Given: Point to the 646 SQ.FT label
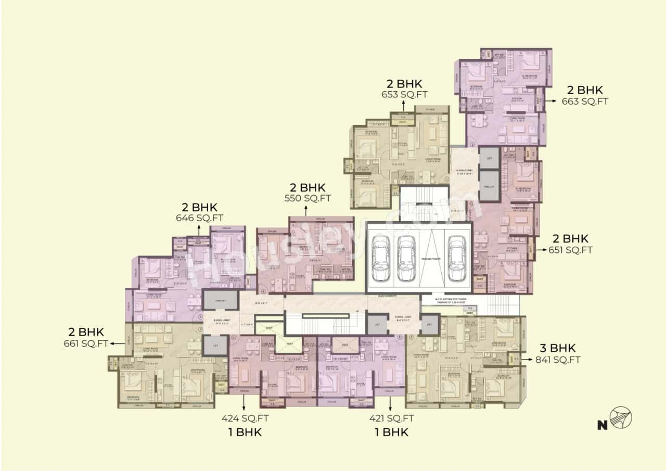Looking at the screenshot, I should click(199, 219).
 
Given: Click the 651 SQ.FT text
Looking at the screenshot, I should click(571, 250).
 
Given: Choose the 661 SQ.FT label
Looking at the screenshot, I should click(85, 343).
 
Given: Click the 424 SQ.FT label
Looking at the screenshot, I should click(245, 417).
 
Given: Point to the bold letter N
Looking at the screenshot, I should click(603, 425).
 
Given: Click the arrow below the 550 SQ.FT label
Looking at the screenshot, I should click(305, 210).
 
